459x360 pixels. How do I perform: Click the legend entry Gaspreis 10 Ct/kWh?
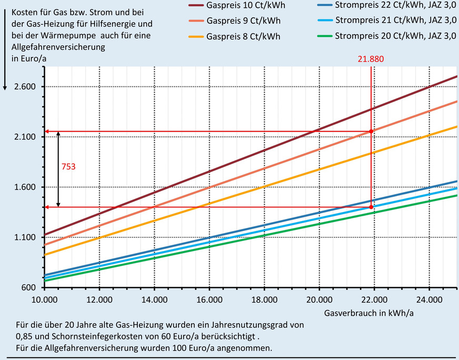(243, 6)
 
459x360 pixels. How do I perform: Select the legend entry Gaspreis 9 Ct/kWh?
(240, 21)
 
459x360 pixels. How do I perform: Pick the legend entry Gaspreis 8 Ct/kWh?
(240, 36)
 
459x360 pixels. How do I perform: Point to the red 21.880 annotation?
(372, 59)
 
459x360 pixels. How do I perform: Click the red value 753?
(69, 167)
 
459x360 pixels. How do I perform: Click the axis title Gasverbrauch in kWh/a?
(361, 313)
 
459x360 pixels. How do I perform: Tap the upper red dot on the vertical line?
(371, 131)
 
